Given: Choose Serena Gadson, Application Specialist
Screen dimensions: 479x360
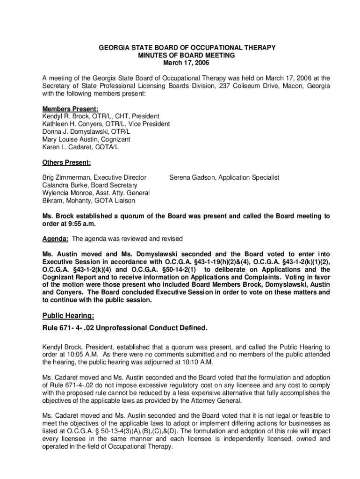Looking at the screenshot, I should point(224,178).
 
